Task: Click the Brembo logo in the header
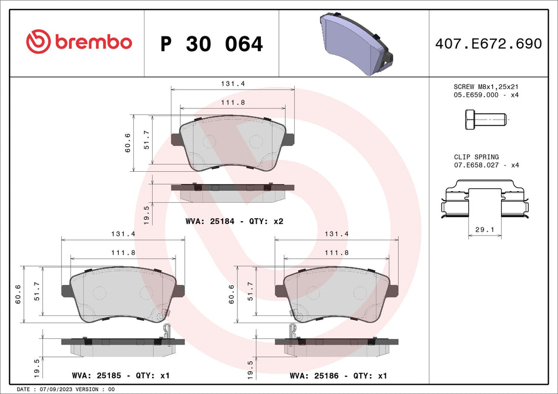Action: [79, 42]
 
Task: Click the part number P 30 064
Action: [211, 43]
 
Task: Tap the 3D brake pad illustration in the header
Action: [356, 43]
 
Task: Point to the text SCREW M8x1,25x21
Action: [486, 87]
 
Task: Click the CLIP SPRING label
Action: [476, 157]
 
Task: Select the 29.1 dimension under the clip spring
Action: [485, 230]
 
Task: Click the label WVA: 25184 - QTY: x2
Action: [234, 222]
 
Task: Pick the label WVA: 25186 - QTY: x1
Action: [339, 375]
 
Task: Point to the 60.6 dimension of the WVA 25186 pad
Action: [232, 294]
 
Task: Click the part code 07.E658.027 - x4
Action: [486, 165]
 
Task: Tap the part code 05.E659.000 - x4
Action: [486, 94]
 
